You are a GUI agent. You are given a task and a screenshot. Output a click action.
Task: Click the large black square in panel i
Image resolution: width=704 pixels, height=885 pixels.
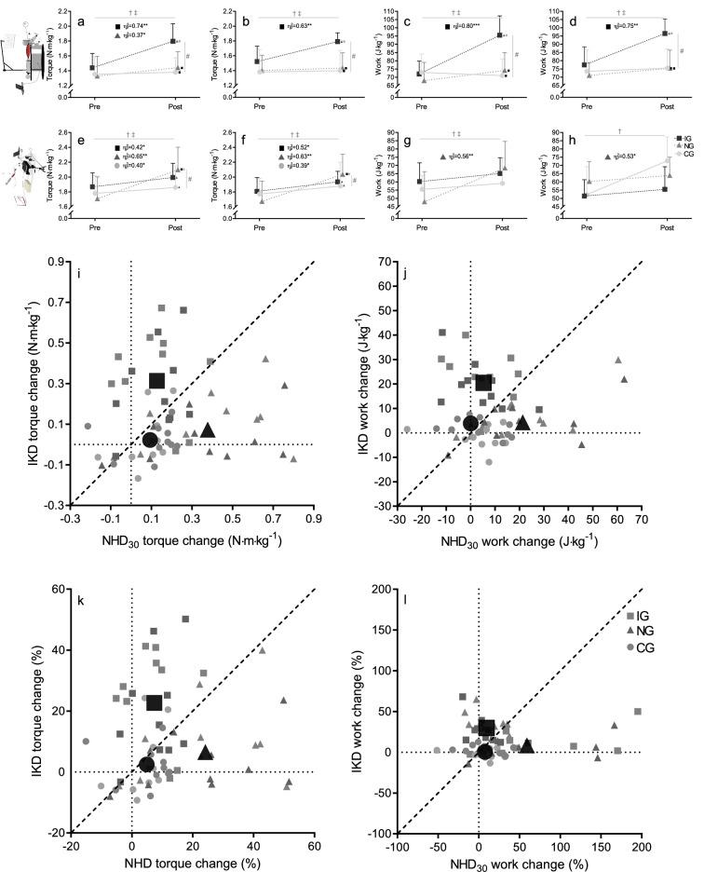[156, 380]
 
